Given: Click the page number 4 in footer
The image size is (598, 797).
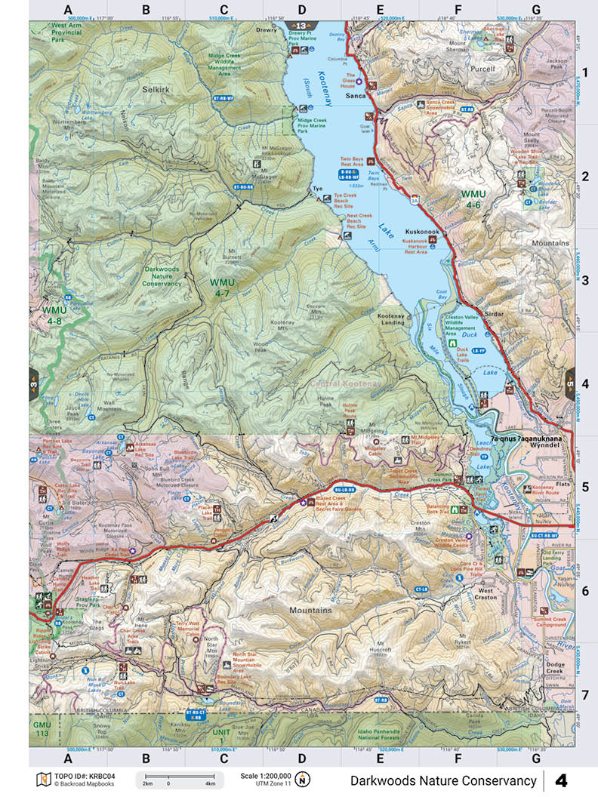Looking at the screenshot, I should [562, 780].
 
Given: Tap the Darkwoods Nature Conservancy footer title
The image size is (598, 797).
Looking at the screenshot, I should [443, 780].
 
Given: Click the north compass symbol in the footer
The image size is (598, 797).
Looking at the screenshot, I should [302, 780].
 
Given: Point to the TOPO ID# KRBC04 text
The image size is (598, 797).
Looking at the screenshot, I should [78, 776].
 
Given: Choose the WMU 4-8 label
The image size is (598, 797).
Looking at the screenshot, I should [54, 315].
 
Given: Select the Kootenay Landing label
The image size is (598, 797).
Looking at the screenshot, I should [391, 319].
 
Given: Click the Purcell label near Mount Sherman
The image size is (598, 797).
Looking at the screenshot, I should [482, 69].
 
